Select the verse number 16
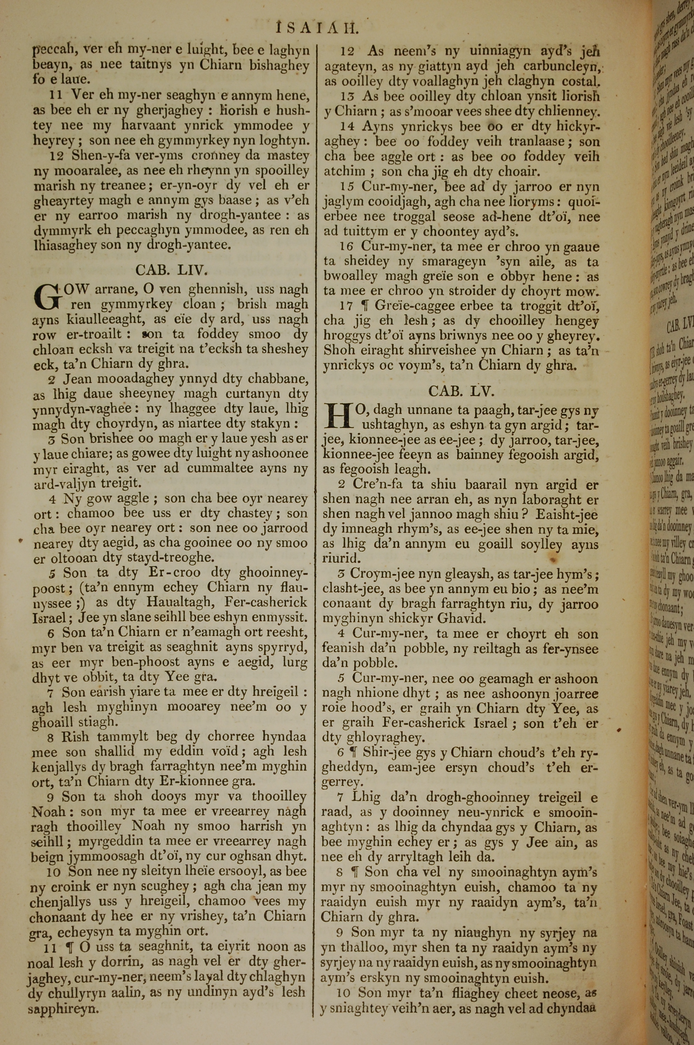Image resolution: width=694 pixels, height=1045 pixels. tap(347, 246)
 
